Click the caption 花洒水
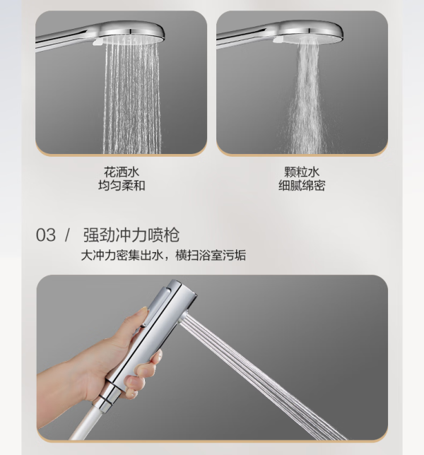coord(122,172)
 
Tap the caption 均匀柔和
coord(122,185)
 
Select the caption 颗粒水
coord(302,172)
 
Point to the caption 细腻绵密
coord(302,185)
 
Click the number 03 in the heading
coord(45,235)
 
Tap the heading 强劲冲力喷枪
coord(131,235)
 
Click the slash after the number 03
coord(68,235)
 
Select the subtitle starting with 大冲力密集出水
coord(163,255)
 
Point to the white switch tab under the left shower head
coord(98,42)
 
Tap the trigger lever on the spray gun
coord(157,307)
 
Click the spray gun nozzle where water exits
coord(183,320)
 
